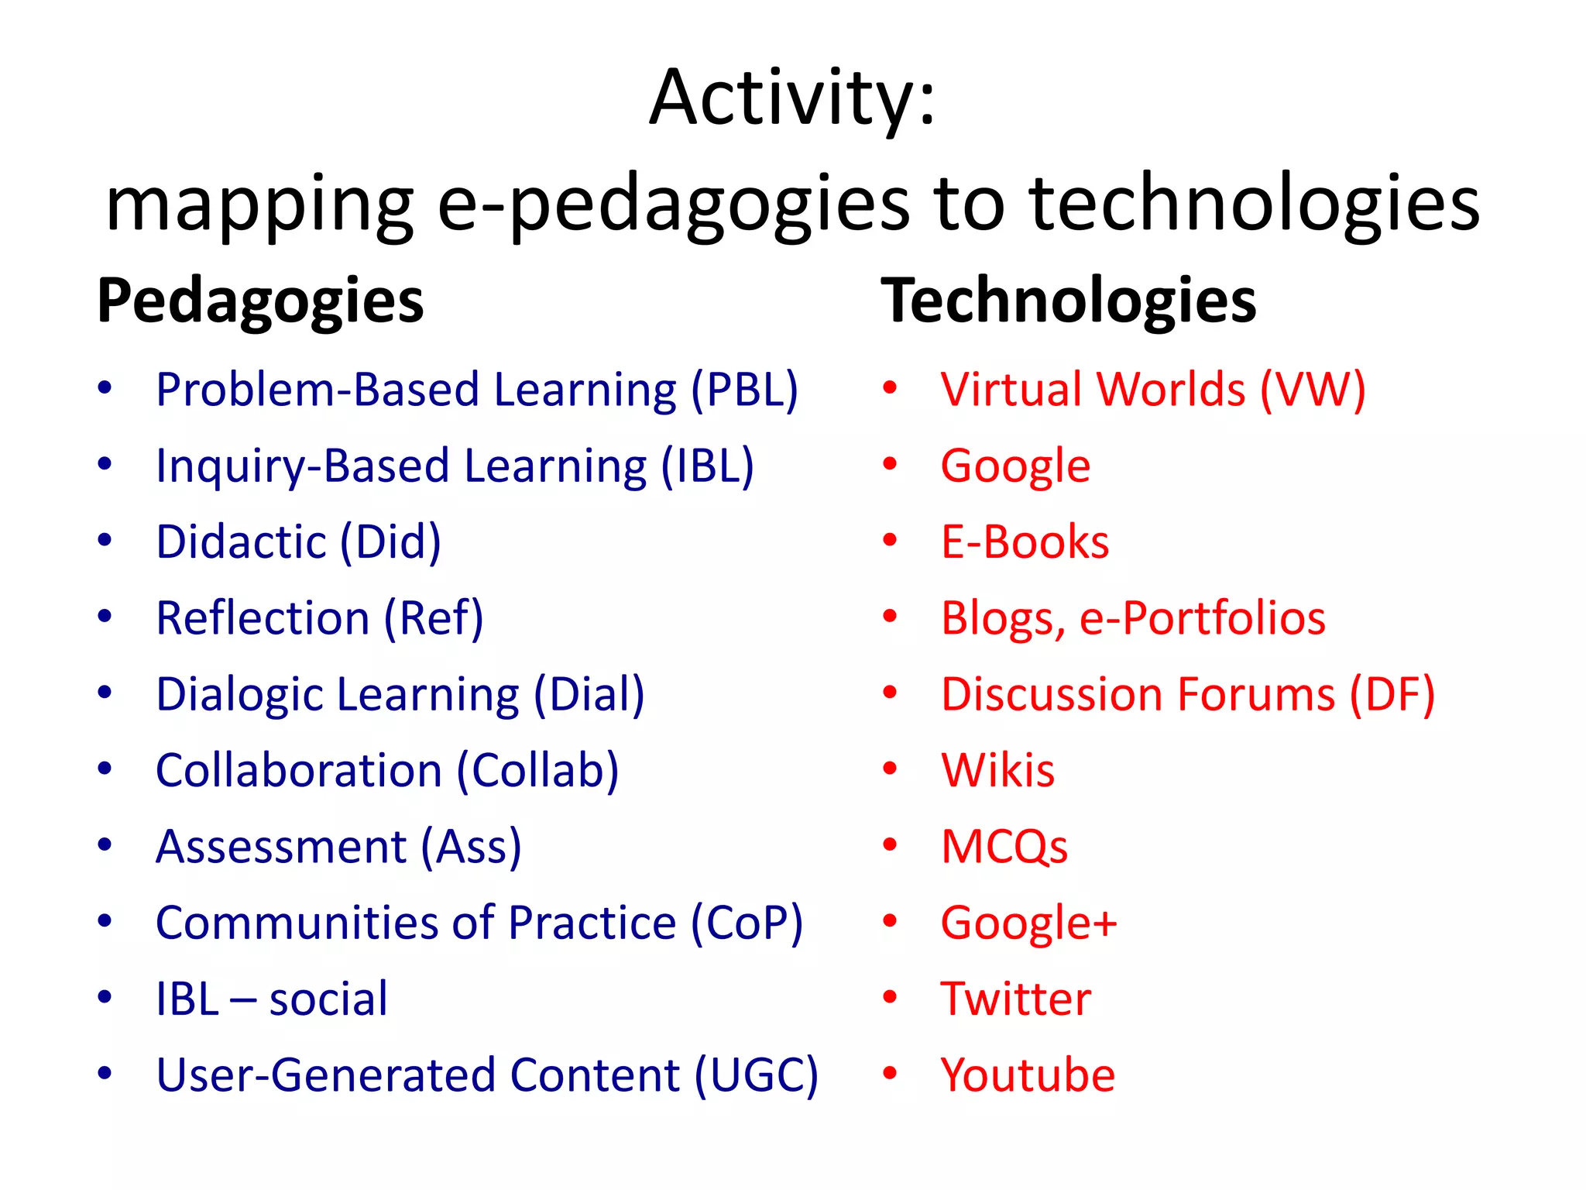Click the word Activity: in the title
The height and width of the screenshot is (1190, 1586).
click(x=792, y=99)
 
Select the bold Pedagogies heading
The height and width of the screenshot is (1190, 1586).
click(x=260, y=301)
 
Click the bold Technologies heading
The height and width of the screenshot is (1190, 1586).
click(x=1069, y=301)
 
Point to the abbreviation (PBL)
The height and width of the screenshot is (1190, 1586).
click(x=744, y=390)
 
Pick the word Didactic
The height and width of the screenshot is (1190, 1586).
click(x=241, y=542)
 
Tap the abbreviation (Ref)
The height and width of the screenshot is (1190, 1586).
click(x=434, y=618)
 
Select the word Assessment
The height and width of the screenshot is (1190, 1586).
click(x=281, y=846)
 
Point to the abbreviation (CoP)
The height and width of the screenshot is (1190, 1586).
click(x=747, y=923)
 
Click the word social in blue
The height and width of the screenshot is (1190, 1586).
click(x=328, y=999)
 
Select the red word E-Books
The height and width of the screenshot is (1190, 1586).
click(x=1025, y=542)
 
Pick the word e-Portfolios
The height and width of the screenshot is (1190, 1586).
click(x=1202, y=618)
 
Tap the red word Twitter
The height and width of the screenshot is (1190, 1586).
click(x=1015, y=999)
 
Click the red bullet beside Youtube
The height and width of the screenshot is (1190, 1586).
click(x=890, y=1074)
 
